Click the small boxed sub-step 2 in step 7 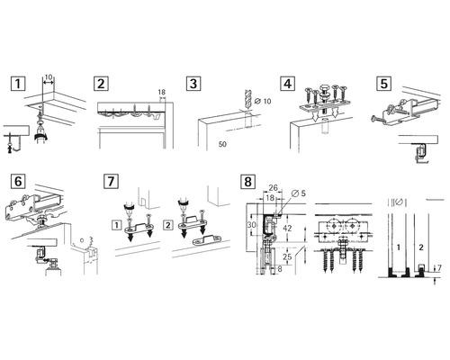click(169, 221)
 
